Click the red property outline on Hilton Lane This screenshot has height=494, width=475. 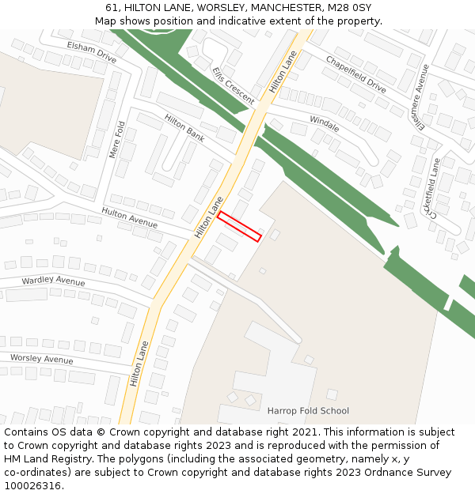pos(239,226)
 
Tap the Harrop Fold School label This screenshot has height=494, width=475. pos(308,411)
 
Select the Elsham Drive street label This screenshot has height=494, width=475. pos(92,53)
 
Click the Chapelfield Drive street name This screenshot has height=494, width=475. pos(355,75)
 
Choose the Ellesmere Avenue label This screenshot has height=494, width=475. pos(419,97)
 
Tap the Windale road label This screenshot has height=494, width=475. pos(324,124)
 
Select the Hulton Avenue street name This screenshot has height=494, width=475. pos(129,218)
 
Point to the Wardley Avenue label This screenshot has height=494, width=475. pos(53,281)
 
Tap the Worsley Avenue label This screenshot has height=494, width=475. pos(41,359)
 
